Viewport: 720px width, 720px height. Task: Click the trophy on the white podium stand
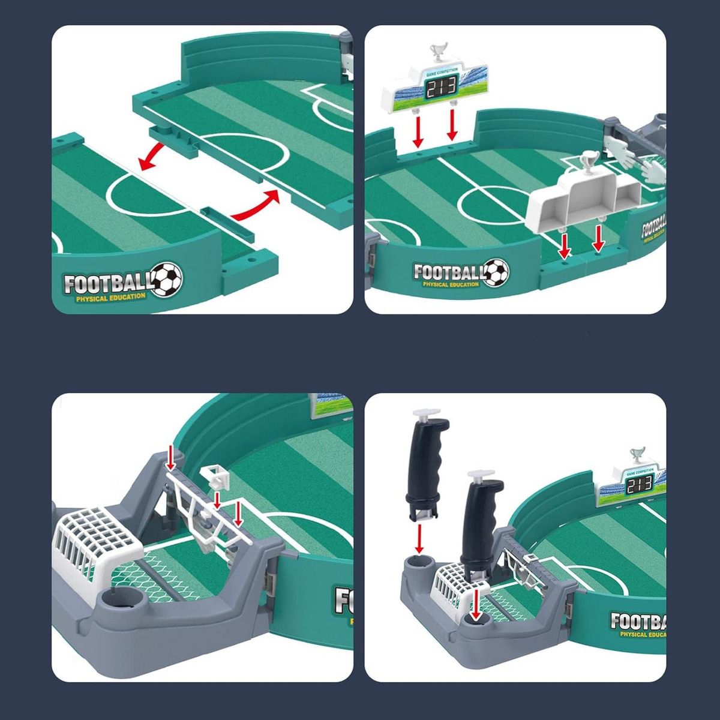pyautogui.click(x=587, y=162)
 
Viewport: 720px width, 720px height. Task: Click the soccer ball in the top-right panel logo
pyautogui.click(x=496, y=272)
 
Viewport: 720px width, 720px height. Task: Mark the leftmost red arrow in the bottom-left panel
pyautogui.click(x=171, y=458)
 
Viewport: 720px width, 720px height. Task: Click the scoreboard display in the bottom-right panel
pyautogui.click(x=638, y=486)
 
